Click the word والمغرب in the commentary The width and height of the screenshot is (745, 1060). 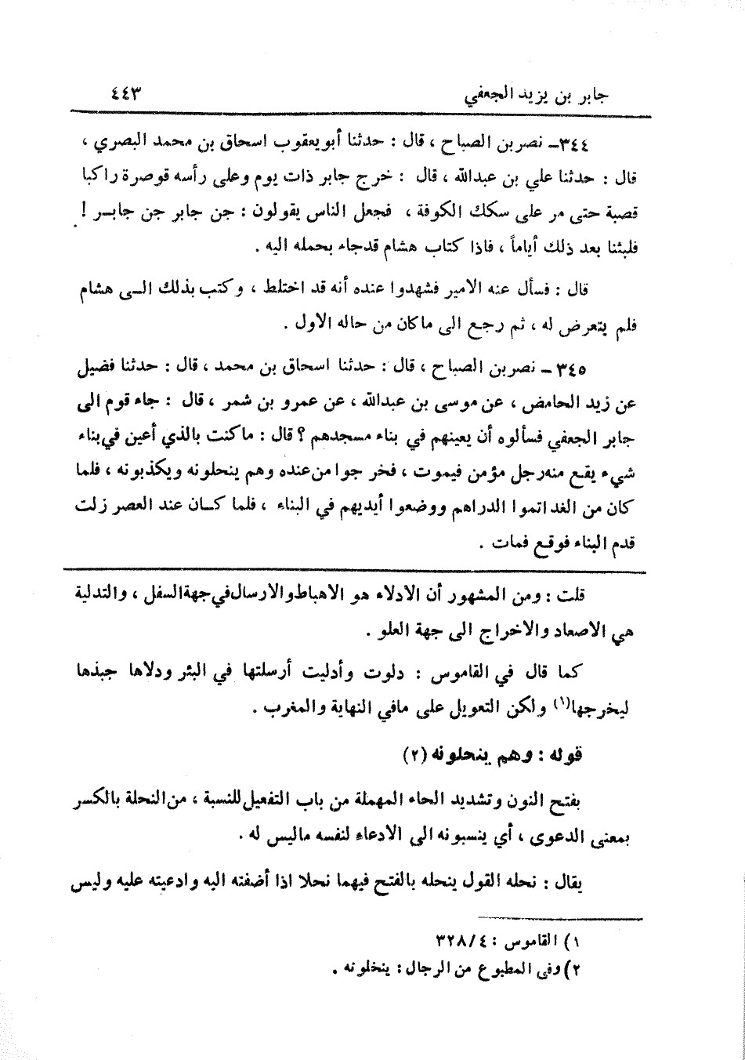coord(282,709)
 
